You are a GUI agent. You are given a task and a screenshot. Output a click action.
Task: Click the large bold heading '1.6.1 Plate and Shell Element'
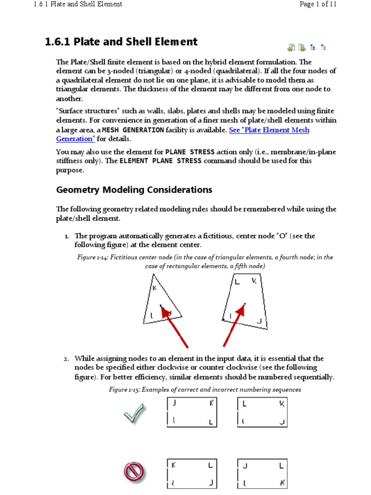(121, 42)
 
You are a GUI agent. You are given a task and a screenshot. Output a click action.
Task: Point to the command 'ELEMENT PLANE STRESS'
(160, 161)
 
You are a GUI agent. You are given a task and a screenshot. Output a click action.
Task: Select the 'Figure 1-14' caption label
(92, 258)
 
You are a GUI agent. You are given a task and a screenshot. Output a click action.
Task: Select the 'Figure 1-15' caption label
(124, 390)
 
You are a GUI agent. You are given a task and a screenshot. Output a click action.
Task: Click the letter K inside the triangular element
(155, 288)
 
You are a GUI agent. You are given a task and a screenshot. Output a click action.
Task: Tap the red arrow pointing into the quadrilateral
(233, 325)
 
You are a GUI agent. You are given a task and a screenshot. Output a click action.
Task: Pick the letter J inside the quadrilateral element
(259, 320)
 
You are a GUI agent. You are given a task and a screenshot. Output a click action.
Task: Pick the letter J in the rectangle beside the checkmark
(173, 403)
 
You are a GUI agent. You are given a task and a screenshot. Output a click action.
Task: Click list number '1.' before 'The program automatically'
(67, 236)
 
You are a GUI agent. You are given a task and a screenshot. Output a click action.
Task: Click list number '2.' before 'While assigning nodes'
(67, 359)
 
